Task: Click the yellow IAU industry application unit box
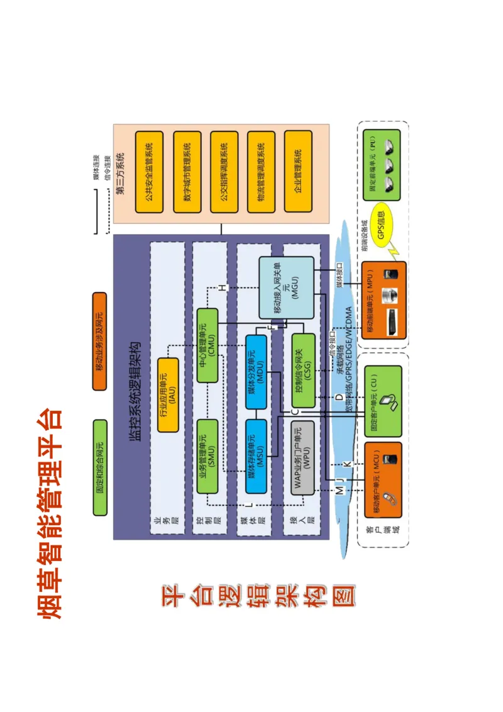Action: [x=167, y=394]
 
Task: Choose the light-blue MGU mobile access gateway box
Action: [x=286, y=287]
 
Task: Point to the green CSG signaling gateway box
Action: [x=304, y=370]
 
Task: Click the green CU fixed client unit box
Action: [x=383, y=401]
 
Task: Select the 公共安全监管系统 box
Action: [x=150, y=171]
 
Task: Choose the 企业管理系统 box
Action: [x=298, y=171]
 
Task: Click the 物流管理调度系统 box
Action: [x=262, y=171]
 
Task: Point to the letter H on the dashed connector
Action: [x=221, y=287]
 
